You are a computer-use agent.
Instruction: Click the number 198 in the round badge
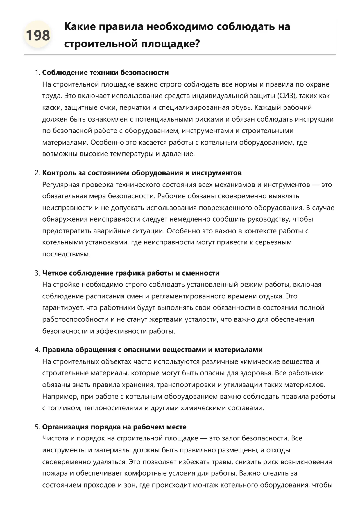click(38, 35)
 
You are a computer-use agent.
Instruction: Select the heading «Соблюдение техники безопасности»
click(105, 73)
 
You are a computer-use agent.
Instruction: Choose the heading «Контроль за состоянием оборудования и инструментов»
click(142, 173)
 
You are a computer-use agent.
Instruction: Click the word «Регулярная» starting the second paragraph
click(61, 185)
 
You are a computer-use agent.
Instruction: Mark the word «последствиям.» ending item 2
click(66, 254)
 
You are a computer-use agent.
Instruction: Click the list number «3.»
click(37, 273)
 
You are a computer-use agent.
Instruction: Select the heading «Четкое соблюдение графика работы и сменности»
click(131, 273)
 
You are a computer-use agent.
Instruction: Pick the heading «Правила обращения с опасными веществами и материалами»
click(152, 350)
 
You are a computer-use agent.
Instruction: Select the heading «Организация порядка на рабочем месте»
click(114, 427)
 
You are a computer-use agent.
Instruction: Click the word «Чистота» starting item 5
click(55, 438)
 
